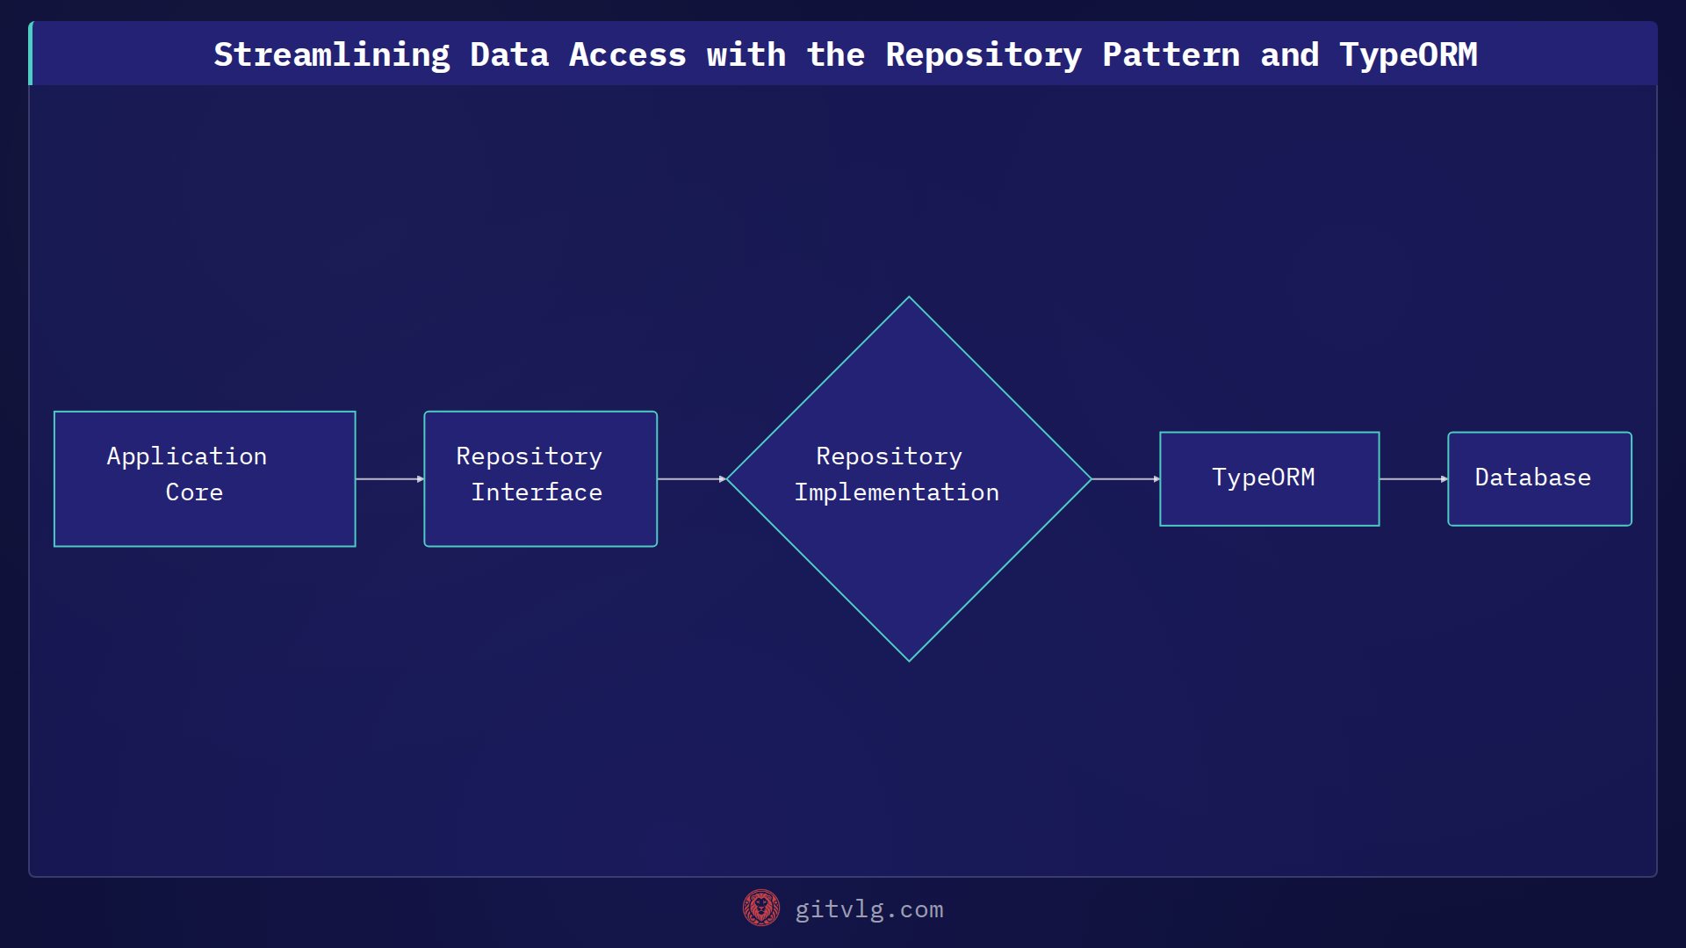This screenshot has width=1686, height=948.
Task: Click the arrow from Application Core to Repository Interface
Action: (x=390, y=479)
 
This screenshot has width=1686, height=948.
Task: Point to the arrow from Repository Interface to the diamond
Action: (x=692, y=479)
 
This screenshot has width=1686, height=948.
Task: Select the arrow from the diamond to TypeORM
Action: (x=1126, y=479)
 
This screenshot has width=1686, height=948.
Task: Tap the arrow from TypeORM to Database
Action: (x=1414, y=479)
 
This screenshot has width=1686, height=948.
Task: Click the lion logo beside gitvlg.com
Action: (x=761, y=908)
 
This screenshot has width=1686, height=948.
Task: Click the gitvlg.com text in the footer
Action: (x=869, y=909)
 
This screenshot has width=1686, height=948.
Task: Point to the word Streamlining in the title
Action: (x=332, y=55)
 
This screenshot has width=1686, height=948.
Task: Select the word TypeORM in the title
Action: (x=1409, y=55)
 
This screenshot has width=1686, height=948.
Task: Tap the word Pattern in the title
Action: (x=1171, y=55)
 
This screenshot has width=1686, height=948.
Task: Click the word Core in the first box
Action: (x=194, y=492)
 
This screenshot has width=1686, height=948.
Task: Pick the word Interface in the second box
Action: (x=537, y=492)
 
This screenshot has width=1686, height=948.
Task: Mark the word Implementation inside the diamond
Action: (x=897, y=492)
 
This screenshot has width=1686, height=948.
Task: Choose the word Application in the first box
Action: (x=187, y=456)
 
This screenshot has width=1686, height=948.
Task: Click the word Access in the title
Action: (x=628, y=55)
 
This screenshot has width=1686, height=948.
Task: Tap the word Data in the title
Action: (x=509, y=55)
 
